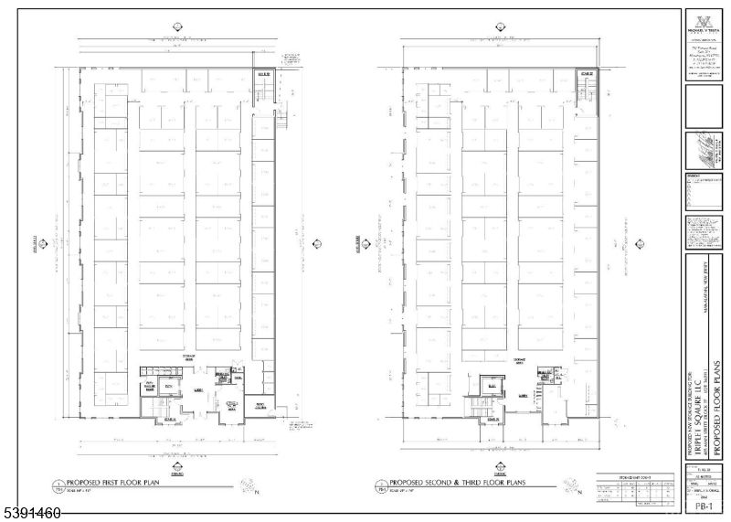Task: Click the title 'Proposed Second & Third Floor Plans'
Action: click(453, 482)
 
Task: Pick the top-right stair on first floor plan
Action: click(264, 87)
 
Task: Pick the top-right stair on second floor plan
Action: click(585, 89)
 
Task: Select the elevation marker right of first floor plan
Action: click(317, 244)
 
